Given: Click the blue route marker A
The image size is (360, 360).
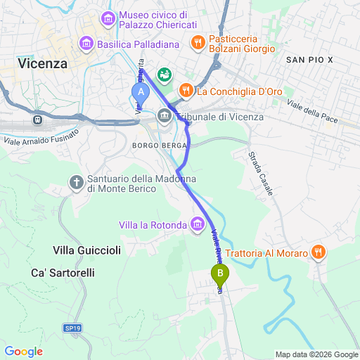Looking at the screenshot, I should pyautogui.click(x=141, y=91).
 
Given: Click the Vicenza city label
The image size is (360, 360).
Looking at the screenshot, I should pyautogui.click(x=43, y=63).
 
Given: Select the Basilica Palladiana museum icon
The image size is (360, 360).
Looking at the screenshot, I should pyautogui.click(x=86, y=44).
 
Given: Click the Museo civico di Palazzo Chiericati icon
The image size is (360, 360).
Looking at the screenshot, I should pyautogui.click(x=109, y=16).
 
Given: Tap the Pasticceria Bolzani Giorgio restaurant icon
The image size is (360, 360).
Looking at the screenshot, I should pyautogui.click(x=198, y=42).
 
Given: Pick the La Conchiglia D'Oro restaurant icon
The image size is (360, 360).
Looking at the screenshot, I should pyautogui.click(x=186, y=90).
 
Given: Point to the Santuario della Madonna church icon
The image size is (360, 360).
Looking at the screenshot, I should pyautogui.click(x=77, y=183).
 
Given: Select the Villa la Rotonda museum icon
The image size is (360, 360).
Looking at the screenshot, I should pyautogui.click(x=198, y=225).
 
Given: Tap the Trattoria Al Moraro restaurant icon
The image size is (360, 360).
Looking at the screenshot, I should pyautogui.click(x=319, y=252).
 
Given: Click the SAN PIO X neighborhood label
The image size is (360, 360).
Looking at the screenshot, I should pyautogui.click(x=309, y=62).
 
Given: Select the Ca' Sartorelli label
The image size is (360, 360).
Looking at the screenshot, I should pyautogui.click(x=63, y=272).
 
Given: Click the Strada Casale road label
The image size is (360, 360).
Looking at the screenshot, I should pyautogui.click(x=257, y=169).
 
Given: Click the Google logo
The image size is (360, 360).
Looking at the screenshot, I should pyautogui.click(x=23, y=351).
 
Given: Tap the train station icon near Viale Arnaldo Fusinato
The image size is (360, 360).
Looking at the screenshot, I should pyautogui.click(x=34, y=120).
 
